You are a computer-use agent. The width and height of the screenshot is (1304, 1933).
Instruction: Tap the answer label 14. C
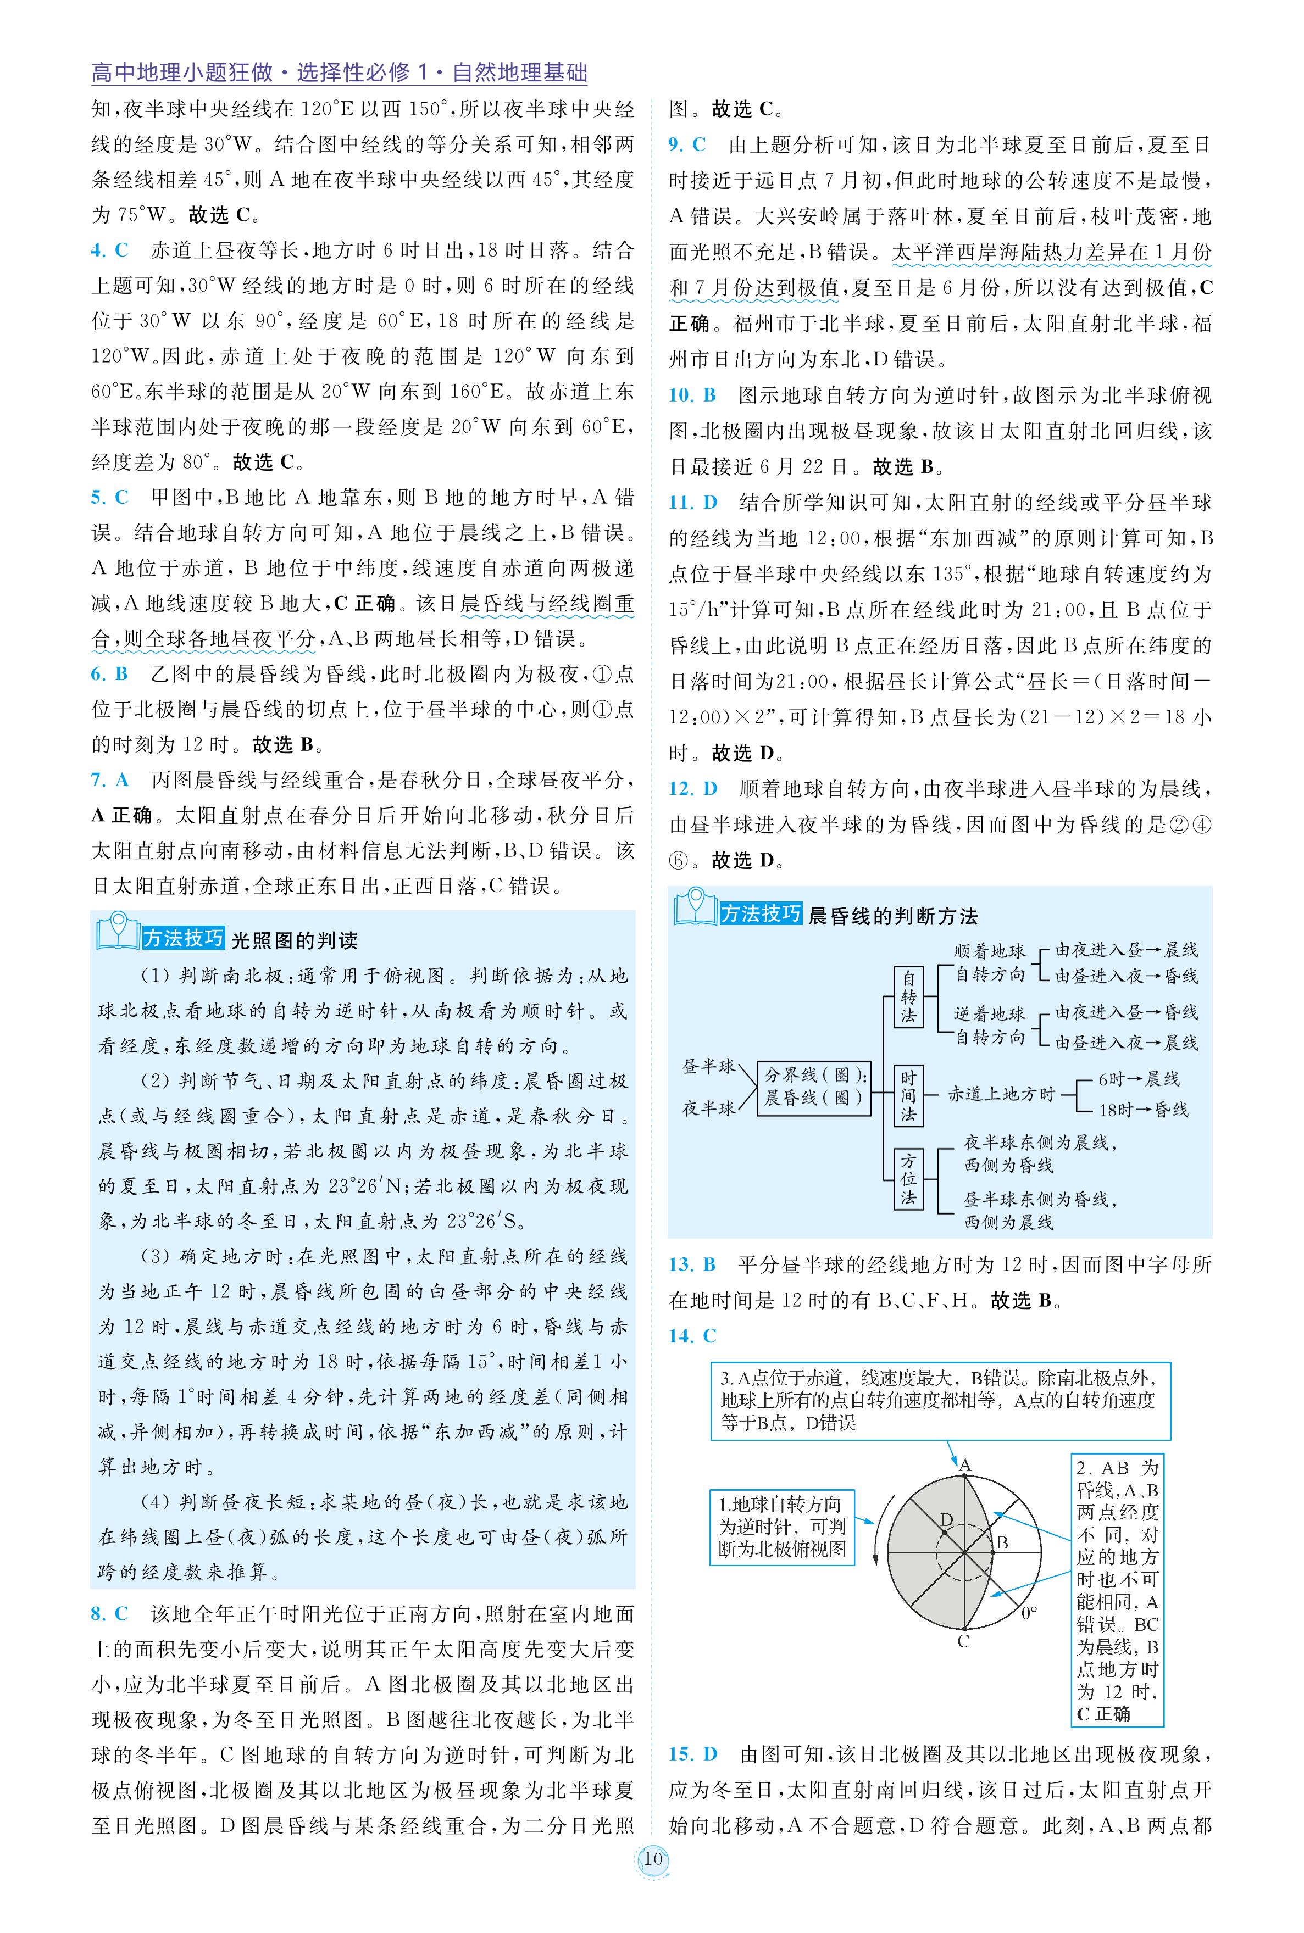692,1335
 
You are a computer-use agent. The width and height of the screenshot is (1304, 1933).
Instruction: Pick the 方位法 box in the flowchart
908,1179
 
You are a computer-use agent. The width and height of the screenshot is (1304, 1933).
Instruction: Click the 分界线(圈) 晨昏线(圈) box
813,1087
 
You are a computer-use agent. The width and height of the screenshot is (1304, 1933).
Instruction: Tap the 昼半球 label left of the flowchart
708,1067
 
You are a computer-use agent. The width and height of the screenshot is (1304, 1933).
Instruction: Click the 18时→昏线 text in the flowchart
1142,1109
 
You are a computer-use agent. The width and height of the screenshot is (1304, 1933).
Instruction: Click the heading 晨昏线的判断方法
892,916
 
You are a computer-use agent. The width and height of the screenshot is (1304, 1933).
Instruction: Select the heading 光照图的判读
293,940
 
